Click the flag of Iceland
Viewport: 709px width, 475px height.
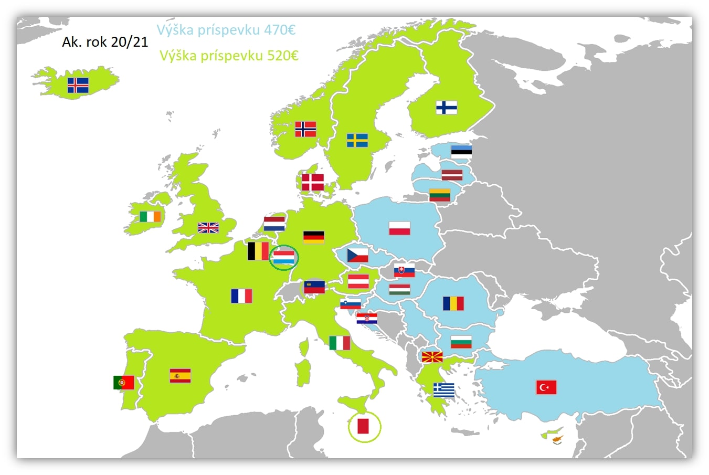click(x=78, y=85)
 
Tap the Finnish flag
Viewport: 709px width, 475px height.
click(x=446, y=108)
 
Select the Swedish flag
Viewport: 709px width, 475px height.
click(x=357, y=141)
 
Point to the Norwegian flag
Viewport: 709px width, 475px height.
click(x=305, y=129)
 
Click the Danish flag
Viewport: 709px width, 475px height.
click(x=313, y=183)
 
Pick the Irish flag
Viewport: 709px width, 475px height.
click(x=150, y=216)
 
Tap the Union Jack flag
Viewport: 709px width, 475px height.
click(x=208, y=228)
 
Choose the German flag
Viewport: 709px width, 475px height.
click(x=314, y=237)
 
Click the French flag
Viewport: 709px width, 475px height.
click(x=241, y=296)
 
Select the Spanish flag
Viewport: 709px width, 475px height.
click(x=180, y=376)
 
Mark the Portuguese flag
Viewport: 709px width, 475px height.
click(x=124, y=383)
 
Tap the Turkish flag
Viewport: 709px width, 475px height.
click(x=546, y=387)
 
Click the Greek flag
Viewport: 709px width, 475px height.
click(x=444, y=390)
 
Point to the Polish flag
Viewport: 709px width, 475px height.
click(x=399, y=228)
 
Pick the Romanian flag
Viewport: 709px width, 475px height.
click(x=453, y=303)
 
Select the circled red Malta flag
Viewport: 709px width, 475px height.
click(x=363, y=426)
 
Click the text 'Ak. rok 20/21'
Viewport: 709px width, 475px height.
click(x=105, y=43)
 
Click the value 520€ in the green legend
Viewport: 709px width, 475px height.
click(x=282, y=56)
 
